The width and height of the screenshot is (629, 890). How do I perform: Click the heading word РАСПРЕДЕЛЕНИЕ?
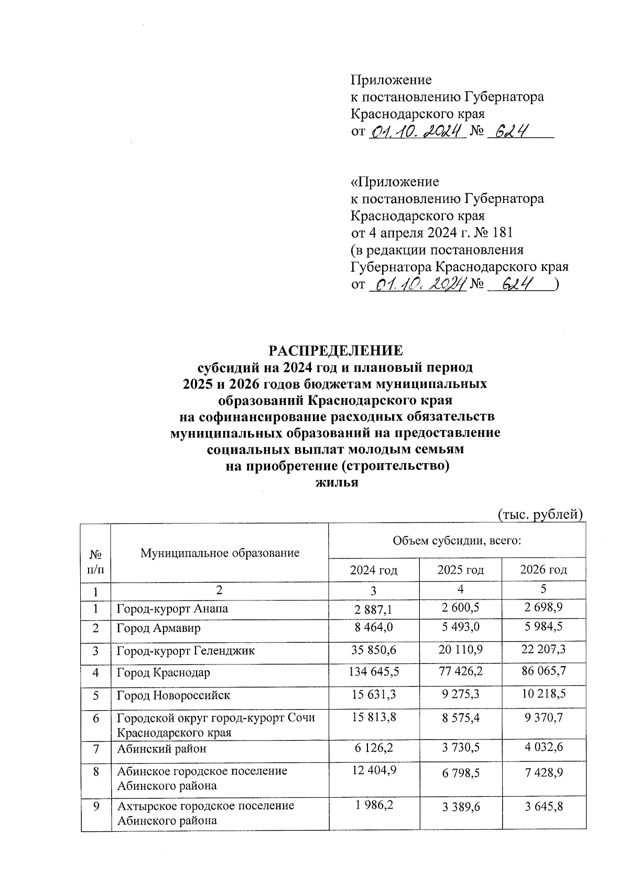point(336,351)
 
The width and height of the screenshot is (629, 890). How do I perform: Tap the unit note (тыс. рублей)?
point(540,515)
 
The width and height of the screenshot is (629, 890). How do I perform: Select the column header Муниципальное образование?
point(220,552)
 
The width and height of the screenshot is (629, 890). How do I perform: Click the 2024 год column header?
point(374,570)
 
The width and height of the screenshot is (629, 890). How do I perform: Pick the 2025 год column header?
point(460,570)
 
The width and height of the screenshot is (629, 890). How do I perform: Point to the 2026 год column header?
point(544,570)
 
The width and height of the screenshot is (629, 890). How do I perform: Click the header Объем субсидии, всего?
point(457,540)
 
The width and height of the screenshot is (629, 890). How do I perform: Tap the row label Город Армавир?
point(158,628)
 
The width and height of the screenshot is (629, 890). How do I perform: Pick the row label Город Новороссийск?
point(173,695)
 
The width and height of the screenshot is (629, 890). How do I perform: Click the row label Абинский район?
point(161,749)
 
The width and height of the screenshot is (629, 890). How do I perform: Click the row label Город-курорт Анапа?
point(172,609)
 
